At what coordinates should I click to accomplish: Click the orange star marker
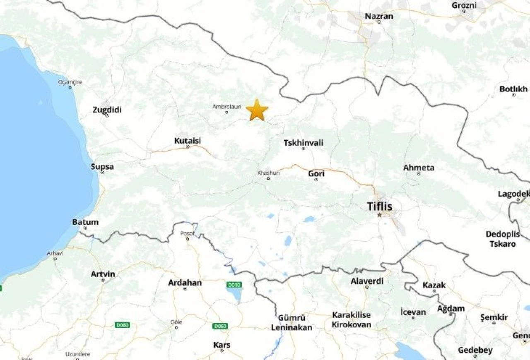tap(257, 110)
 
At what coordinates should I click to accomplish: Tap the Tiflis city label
tap(380, 206)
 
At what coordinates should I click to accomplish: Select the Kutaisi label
tap(188, 141)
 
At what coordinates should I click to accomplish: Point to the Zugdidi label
tap(107, 110)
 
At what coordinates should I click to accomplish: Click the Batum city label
tap(85, 222)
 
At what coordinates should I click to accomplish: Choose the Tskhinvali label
tap(304, 143)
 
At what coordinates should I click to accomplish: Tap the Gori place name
tap(316, 174)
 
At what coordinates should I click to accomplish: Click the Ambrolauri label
tap(226, 107)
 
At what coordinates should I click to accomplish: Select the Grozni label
tap(464, 5)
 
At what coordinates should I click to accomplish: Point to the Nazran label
tap(379, 17)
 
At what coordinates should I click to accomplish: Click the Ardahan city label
tap(185, 283)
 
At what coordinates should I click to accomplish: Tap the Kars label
tap(222, 345)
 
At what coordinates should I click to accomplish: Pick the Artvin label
tap(103, 274)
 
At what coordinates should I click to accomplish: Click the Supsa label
tap(102, 167)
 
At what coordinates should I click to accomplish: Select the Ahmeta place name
tap(419, 168)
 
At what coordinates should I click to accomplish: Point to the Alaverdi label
tap(367, 281)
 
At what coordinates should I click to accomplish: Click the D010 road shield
tap(234, 285)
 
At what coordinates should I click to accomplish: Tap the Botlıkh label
tap(513, 89)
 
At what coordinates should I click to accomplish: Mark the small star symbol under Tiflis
tap(379, 215)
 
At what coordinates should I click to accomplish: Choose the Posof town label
tap(187, 233)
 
